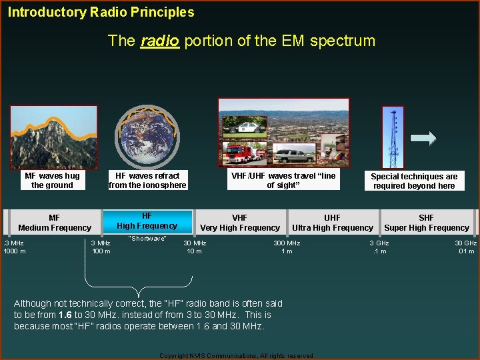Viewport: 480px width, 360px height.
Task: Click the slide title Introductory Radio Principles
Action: click(x=101, y=12)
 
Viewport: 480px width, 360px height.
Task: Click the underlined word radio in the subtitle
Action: click(x=159, y=41)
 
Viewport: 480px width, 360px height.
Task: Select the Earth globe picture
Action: click(x=147, y=138)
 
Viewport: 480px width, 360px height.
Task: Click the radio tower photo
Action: click(x=393, y=137)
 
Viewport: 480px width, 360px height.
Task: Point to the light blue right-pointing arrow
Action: click(x=423, y=138)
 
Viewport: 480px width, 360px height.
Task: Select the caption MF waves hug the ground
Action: click(x=52, y=181)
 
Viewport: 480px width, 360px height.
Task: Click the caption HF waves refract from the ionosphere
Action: click(x=147, y=181)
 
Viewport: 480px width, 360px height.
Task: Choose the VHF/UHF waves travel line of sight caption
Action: click(x=283, y=180)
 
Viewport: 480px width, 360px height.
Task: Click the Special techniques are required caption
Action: click(x=414, y=181)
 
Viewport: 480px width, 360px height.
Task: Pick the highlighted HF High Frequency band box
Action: click(x=147, y=221)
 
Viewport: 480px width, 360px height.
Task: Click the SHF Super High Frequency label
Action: click(x=427, y=223)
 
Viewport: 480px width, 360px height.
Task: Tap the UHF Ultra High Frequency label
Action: click(x=332, y=223)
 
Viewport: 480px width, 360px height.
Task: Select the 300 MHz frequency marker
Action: click(x=287, y=243)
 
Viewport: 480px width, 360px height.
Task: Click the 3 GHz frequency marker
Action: click(x=379, y=243)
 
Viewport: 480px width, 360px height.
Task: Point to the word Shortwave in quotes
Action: click(x=147, y=239)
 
